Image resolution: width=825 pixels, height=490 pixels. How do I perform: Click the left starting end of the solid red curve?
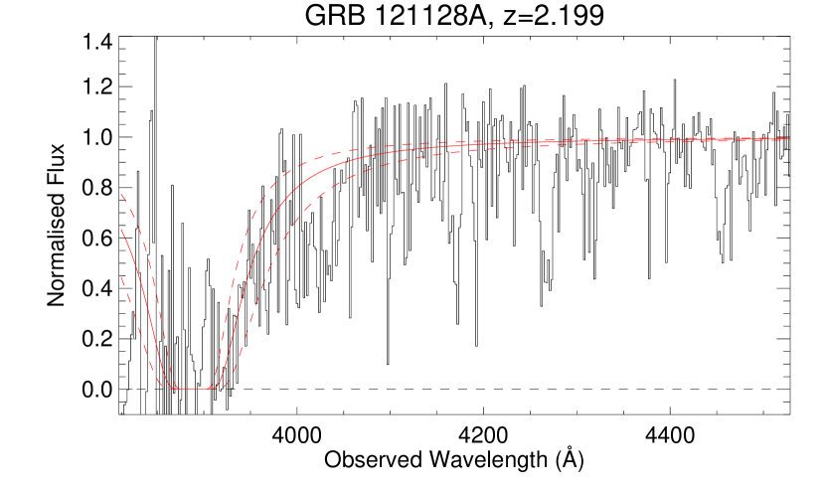121,230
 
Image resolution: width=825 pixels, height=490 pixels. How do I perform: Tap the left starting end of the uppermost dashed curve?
121,195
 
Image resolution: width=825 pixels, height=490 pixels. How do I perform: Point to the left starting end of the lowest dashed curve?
121,276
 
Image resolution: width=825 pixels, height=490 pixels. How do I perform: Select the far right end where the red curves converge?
789,139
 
